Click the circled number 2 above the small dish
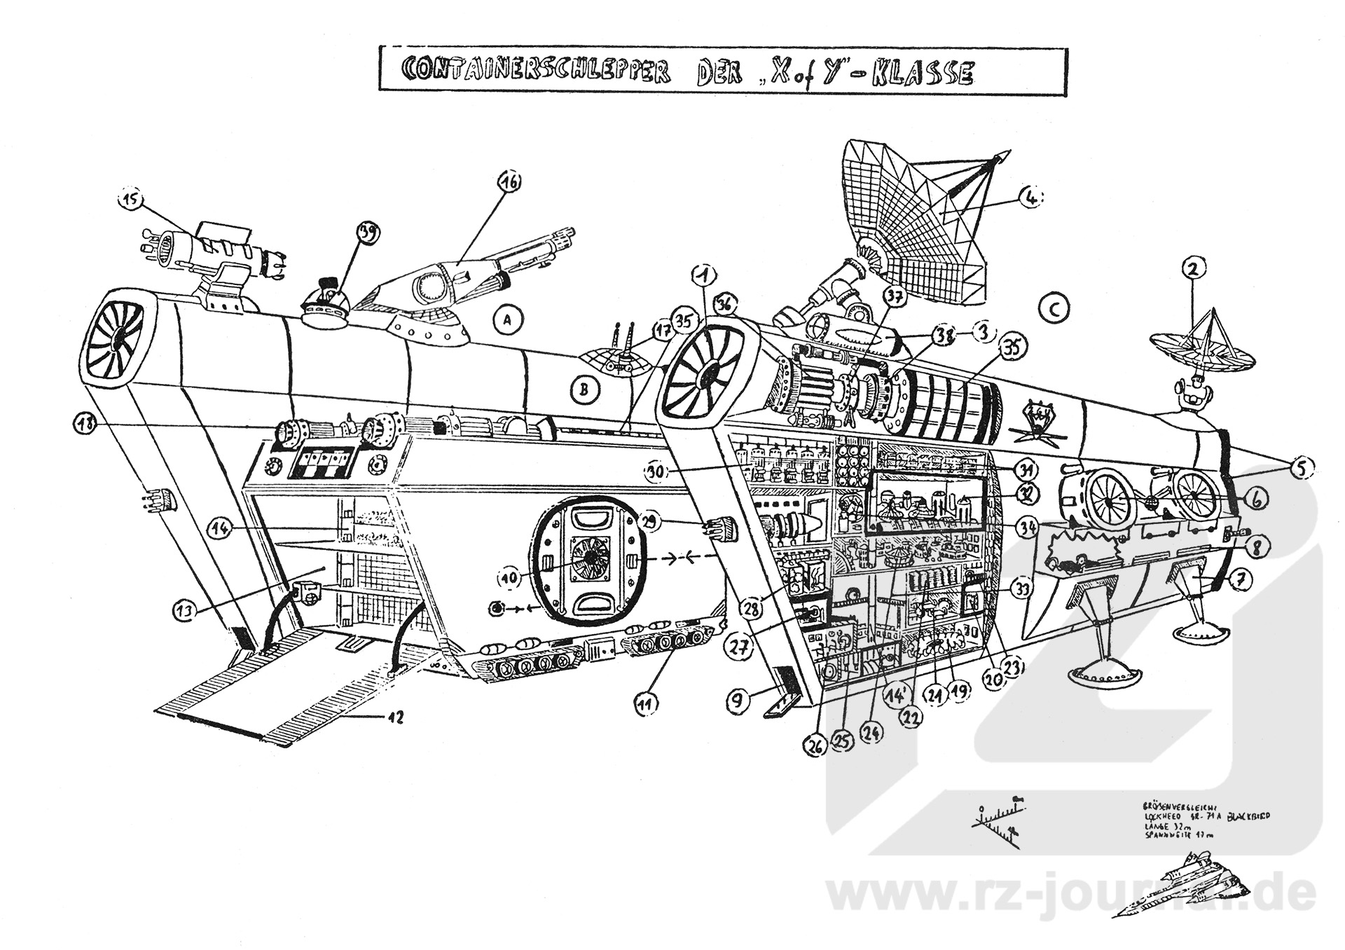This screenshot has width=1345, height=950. click(x=1193, y=267)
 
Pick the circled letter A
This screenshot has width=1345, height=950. click(x=509, y=320)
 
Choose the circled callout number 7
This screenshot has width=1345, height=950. click(x=1240, y=579)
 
